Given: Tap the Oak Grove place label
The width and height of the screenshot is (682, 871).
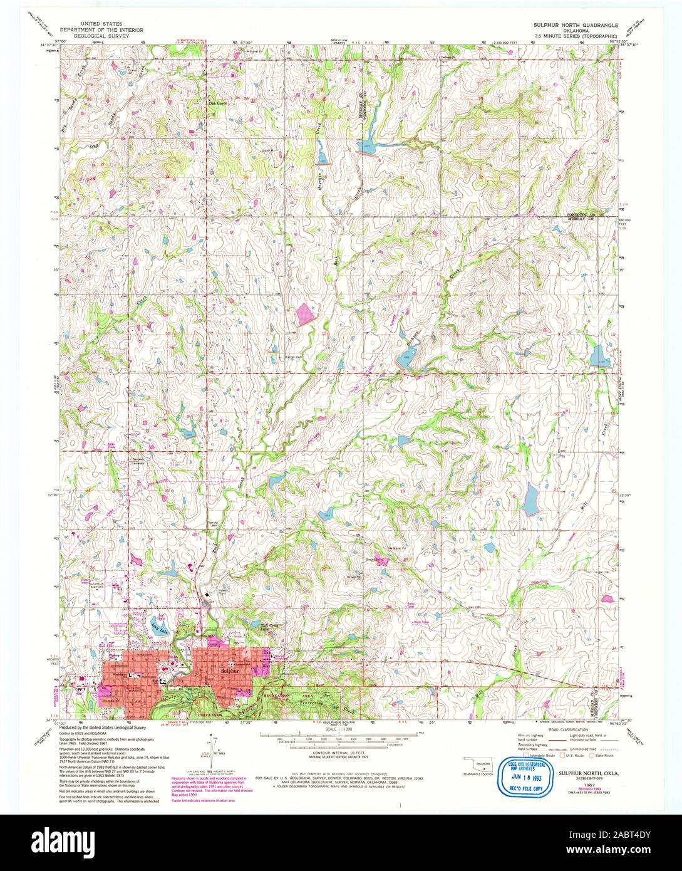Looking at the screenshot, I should coord(217,103).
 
